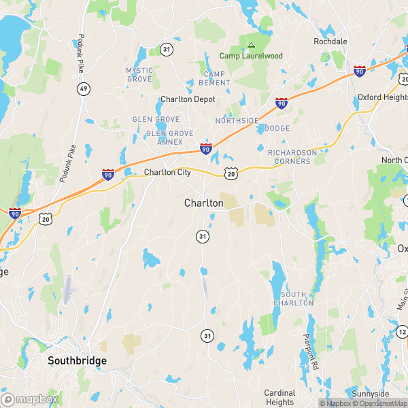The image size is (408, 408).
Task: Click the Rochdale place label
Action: [x=330, y=41]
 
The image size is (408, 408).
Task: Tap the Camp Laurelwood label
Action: [x=250, y=56]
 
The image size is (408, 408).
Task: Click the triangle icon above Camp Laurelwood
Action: [x=251, y=45]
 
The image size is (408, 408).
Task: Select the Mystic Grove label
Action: [x=139, y=75]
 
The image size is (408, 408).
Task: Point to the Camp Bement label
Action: [x=214, y=78]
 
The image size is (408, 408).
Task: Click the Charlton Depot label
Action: [x=188, y=99]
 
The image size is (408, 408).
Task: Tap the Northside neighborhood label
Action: [x=237, y=120]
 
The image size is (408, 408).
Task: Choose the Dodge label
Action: [x=277, y=128]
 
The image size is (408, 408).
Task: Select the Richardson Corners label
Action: [x=292, y=157]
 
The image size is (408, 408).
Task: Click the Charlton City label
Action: [x=167, y=173]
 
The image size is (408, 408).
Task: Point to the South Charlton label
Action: [x=297, y=298]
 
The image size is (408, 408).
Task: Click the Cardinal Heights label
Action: [x=279, y=397]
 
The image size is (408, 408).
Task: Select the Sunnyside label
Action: [x=371, y=394]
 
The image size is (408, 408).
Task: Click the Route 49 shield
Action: [x=83, y=89]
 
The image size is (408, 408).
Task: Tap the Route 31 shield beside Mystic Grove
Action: [x=167, y=49]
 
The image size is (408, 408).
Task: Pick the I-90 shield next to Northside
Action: [x=281, y=103]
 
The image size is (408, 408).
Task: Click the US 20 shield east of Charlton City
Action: [x=231, y=175]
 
